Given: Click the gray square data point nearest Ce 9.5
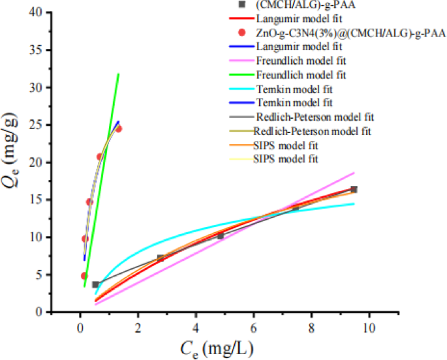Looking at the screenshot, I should coord(354,189).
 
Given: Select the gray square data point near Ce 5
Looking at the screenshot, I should coord(220,235).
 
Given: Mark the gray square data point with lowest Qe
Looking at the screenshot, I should coord(95,284).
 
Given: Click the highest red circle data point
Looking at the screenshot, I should coord(118,128).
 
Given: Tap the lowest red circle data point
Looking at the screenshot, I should coord(84,276).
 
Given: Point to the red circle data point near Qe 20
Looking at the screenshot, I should coord(100,157).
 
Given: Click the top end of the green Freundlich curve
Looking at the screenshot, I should coord(118,74).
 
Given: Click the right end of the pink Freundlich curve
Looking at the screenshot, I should coord(354,173).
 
